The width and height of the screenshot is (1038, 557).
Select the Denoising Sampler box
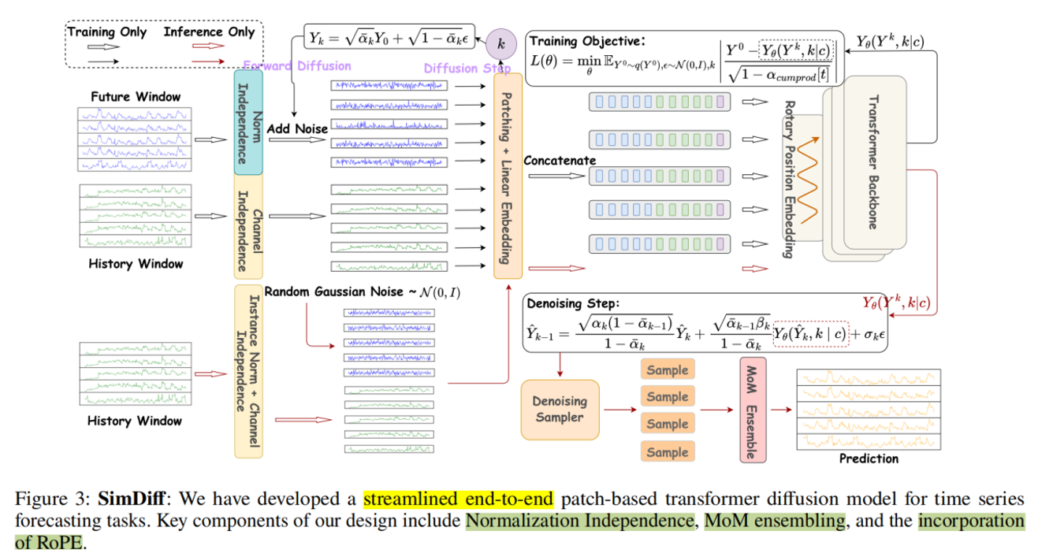(x=560, y=409)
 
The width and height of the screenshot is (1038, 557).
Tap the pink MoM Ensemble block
(x=753, y=409)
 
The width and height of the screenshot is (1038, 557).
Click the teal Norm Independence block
(x=248, y=121)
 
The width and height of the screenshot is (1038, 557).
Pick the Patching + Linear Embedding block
(x=508, y=177)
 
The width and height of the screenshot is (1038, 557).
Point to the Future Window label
(x=136, y=97)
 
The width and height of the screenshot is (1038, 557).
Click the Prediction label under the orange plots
(x=868, y=459)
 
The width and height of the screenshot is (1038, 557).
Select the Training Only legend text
(x=107, y=32)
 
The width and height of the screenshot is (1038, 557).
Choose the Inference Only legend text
(x=209, y=32)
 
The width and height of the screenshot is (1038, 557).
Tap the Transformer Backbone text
(x=872, y=162)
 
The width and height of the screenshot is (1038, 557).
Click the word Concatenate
(x=560, y=161)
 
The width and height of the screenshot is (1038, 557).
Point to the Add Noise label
(x=296, y=128)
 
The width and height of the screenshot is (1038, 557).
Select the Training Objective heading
(x=586, y=41)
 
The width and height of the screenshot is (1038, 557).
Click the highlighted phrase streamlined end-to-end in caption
(x=459, y=499)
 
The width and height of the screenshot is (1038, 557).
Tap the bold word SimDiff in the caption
(x=127, y=499)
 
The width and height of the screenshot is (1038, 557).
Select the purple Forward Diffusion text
(x=298, y=66)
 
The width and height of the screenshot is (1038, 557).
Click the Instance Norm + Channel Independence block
(x=248, y=371)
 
